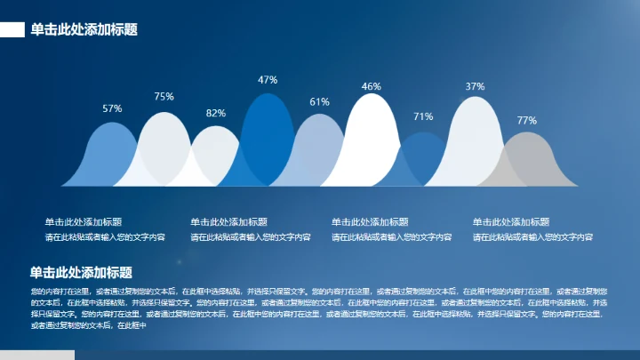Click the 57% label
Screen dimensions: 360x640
tap(112, 108)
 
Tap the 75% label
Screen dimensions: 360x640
tap(164, 96)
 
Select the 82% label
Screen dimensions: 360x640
tap(216, 114)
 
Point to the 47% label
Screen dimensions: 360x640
tap(268, 80)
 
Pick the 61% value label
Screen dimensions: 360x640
tap(319, 102)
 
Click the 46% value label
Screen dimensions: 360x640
tap(371, 86)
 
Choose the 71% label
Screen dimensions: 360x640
tap(423, 116)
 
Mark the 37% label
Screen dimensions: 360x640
tap(475, 86)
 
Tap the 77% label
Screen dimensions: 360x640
tap(527, 121)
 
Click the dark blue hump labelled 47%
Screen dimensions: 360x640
tap(268, 133)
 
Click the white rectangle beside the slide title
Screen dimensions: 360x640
tap(12, 30)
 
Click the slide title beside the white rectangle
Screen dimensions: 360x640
tap(84, 30)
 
